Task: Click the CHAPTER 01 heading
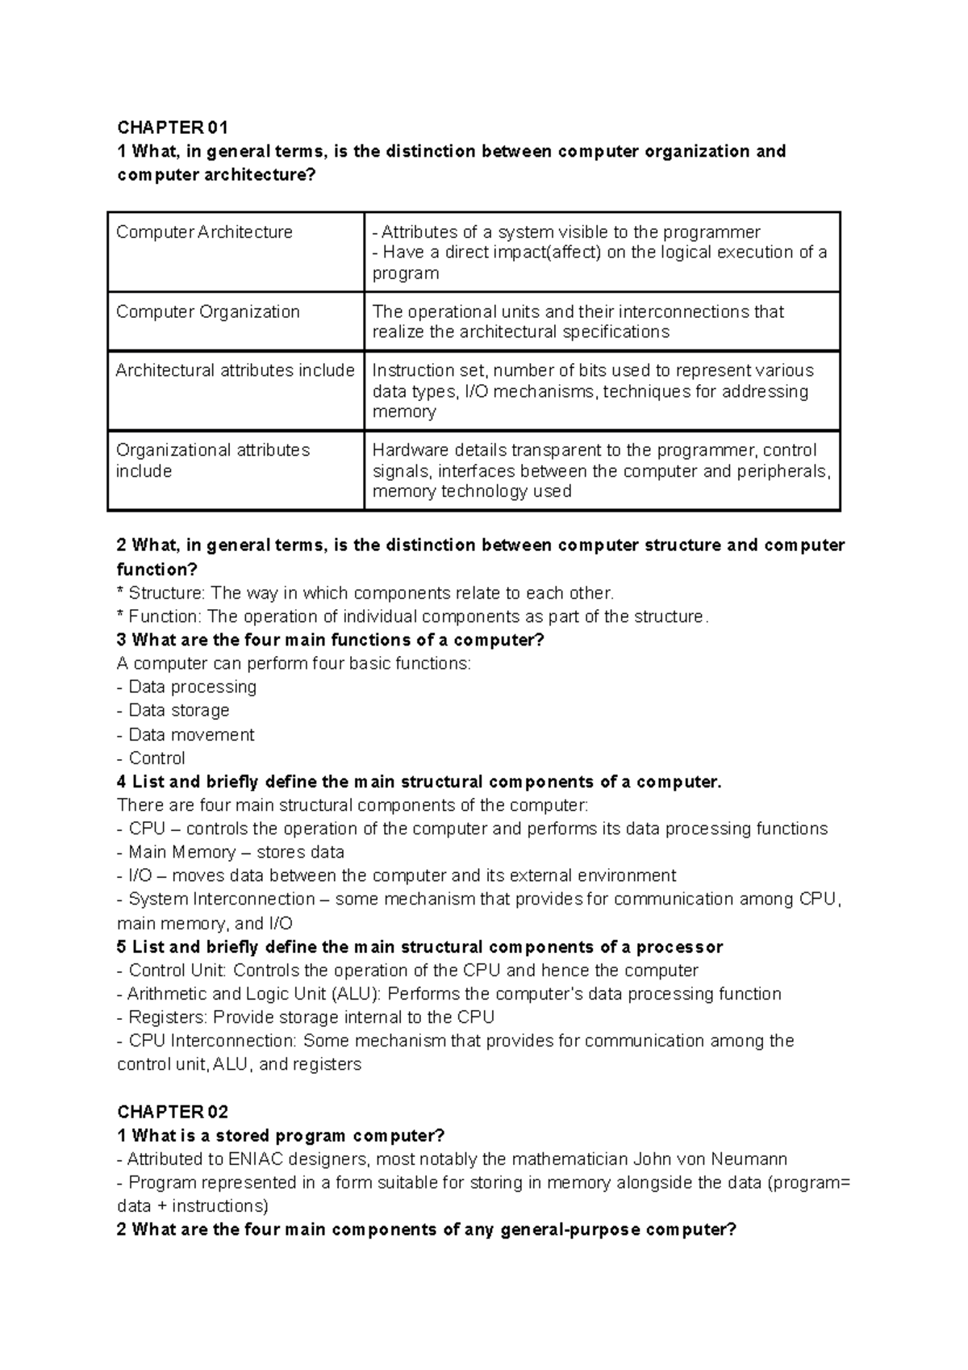click(173, 127)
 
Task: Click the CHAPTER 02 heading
click(173, 1112)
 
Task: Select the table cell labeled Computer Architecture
click(205, 232)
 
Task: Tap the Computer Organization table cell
click(208, 311)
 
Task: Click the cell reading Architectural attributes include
click(235, 370)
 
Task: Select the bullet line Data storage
click(173, 711)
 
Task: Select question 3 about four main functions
click(331, 641)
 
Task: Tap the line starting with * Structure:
click(365, 593)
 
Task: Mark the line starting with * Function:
click(411, 617)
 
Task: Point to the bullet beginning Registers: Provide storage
click(307, 1017)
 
